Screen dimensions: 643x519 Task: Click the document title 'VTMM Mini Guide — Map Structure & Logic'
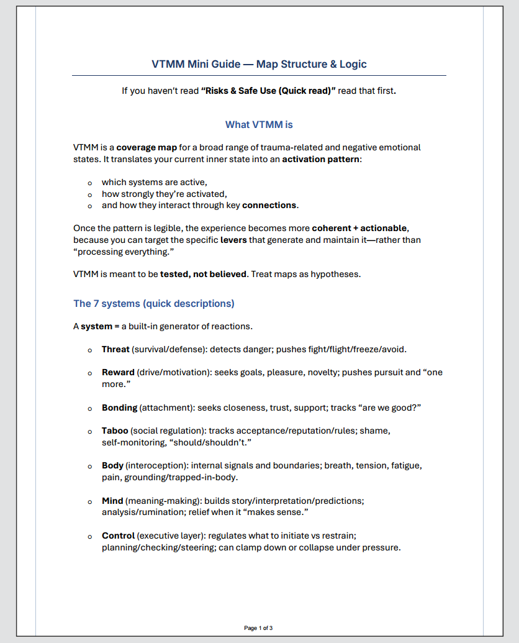259,64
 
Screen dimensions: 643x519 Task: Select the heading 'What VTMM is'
259,125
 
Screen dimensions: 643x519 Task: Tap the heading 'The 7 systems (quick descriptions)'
154,303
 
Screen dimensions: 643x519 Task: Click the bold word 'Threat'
115,349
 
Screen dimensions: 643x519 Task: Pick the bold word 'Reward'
118,372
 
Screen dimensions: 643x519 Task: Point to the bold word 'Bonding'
119,408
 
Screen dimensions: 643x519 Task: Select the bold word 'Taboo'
115,431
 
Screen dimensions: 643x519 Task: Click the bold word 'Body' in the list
112,465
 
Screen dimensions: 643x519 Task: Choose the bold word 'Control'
118,535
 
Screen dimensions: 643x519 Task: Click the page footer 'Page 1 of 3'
258,628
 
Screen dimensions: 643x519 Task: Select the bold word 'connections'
269,205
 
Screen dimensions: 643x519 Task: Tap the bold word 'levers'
233,239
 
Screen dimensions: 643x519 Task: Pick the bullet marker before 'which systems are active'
91,183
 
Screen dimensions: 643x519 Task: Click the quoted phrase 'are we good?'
389,408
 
